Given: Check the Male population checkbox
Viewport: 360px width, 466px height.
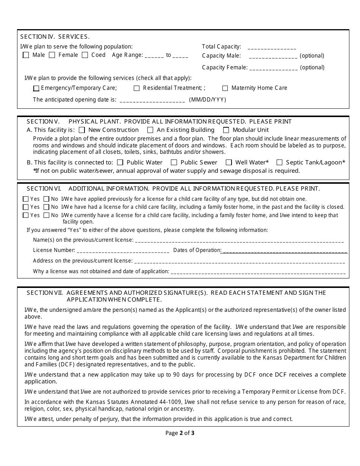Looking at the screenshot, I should [26, 55].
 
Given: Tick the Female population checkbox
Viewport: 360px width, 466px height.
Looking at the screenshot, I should [52, 55].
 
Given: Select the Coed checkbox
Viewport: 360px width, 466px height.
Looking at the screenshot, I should [85, 55].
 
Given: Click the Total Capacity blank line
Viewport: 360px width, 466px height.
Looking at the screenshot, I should [272, 48].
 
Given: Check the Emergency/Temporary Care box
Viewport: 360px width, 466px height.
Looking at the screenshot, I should [36, 88].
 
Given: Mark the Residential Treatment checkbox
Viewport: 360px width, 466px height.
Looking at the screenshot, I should [137, 88].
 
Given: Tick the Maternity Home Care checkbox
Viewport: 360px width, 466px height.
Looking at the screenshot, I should [225, 88].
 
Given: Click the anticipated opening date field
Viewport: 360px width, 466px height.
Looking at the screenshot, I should [152, 101].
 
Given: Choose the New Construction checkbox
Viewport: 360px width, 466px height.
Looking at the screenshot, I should [82, 130].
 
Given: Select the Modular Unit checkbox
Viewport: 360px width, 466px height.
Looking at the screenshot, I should [226, 130].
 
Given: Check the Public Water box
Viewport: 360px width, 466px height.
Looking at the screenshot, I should [120, 163].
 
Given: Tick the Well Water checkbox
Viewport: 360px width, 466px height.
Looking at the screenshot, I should [229, 163].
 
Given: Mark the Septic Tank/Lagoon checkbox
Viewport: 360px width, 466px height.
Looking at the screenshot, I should [280, 163].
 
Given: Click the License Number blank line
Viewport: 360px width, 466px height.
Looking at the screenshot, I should [123, 251].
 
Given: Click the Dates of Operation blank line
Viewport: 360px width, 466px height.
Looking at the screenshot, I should [284, 251].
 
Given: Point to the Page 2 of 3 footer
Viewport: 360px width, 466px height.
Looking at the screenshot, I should [180, 433].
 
